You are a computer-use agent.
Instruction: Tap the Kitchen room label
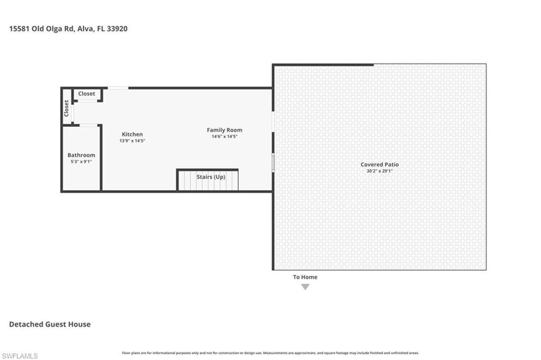click(132, 134)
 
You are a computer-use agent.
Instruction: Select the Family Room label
click(225, 130)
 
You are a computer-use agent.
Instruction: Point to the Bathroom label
click(81, 155)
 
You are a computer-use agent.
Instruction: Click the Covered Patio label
click(379, 164)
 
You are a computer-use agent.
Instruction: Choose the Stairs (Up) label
click(211, 177)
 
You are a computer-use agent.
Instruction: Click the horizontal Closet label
click(87, 94)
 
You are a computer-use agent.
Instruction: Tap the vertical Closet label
click(67, 108)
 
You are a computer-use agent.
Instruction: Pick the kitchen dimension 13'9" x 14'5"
click(133, 141)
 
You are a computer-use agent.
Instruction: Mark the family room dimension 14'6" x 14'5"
click(225, 136)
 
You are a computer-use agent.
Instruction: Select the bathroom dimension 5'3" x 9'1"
click(81, 161)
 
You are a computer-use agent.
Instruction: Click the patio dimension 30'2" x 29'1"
click(379, 171)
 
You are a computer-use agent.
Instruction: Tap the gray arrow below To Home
click(305, 287)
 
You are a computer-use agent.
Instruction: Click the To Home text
click(305, 277)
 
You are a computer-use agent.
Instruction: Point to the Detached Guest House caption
click(50, 324)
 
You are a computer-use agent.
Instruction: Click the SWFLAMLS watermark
click(20, 356)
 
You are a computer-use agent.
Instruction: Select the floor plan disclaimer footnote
click(270, 353)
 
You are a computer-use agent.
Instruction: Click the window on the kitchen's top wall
click(118, 88)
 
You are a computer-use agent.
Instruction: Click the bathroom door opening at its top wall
click(89, 125)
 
